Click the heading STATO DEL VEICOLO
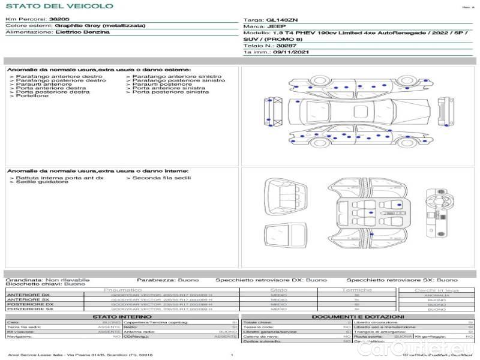click(59, 6)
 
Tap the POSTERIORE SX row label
click(29, 309)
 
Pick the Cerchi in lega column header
click(436, 290)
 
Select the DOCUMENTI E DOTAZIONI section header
click(358, 316)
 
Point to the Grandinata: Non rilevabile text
click(47, 280)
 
